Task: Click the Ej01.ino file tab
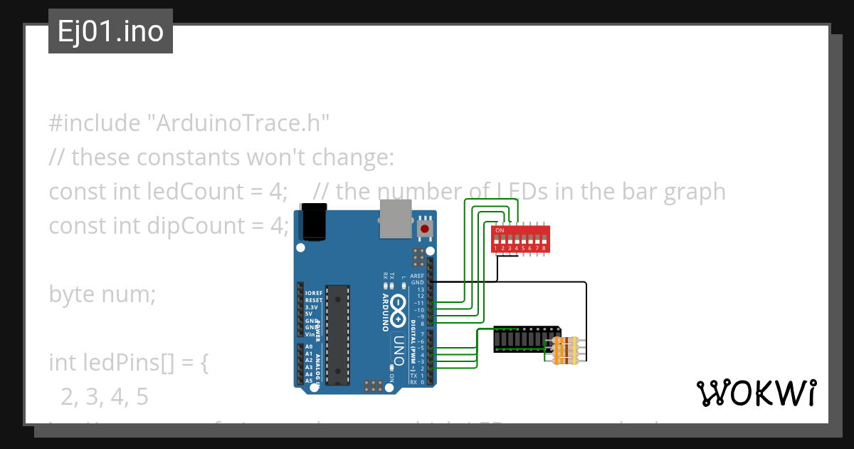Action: coord(110,31)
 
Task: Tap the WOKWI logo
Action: coord(756,393)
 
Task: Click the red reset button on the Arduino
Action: coord(426,229)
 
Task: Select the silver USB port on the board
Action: coord(395,219)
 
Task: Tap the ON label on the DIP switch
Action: coord(500,231)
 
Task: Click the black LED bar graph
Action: coord(525,339)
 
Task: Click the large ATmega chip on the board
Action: coord(338,334)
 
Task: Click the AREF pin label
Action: coord(418,276)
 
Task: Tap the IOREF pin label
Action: coord(313,293)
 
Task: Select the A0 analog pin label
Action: coord(309,347)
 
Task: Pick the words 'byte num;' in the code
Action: coord(102,294)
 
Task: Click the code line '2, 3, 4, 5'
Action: coord(105,397)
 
